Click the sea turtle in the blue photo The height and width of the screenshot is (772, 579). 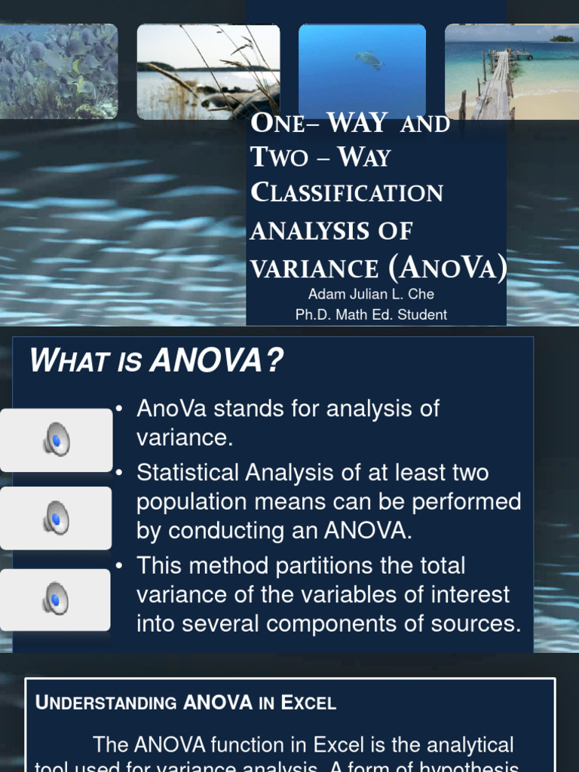click(368, 59)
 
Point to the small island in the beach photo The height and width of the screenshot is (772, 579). click(562, 38)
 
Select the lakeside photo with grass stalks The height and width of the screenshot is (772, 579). click(208, 71)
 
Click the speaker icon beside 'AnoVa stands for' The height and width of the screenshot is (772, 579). click(56, 440)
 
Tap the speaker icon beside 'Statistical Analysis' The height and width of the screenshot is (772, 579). click(56, 518)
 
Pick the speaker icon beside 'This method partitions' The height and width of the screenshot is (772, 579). click(56, 599)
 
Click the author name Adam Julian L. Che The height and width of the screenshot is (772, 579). click(371, 294)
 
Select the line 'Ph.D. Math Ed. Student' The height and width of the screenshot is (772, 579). click(371, 314)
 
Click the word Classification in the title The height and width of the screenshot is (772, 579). click(347, 193)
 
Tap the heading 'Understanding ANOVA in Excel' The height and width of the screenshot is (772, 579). click(185, 703)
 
